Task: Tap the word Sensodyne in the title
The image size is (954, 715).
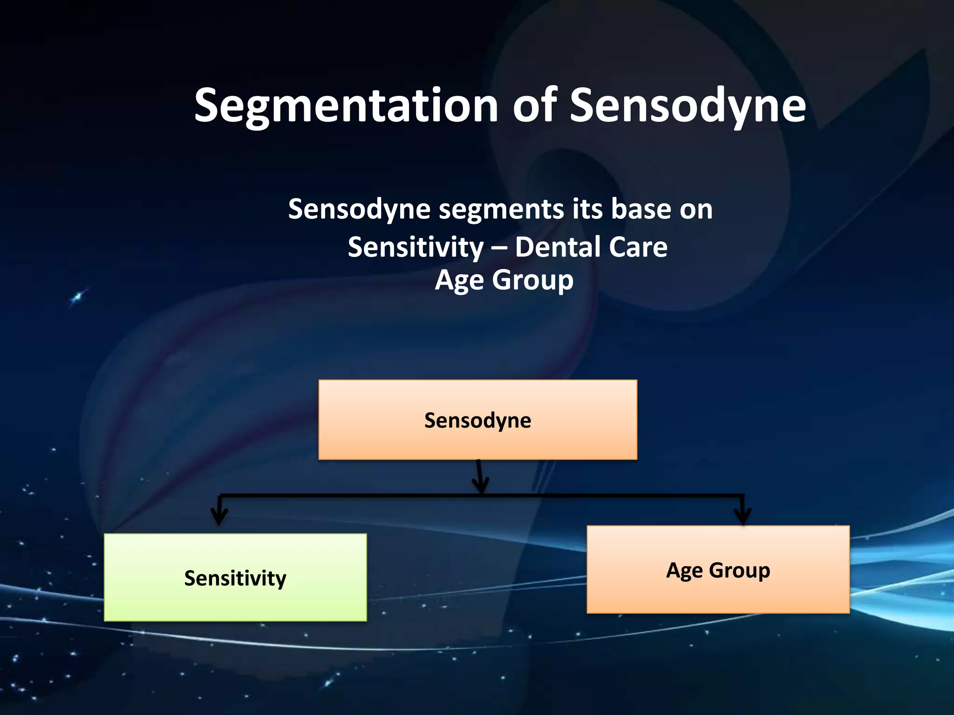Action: point(688,106)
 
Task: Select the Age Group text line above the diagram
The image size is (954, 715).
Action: point(504,280)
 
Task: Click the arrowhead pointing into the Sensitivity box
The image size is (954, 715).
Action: point(219,516)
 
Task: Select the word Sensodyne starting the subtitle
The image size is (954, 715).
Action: point(359,209)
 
